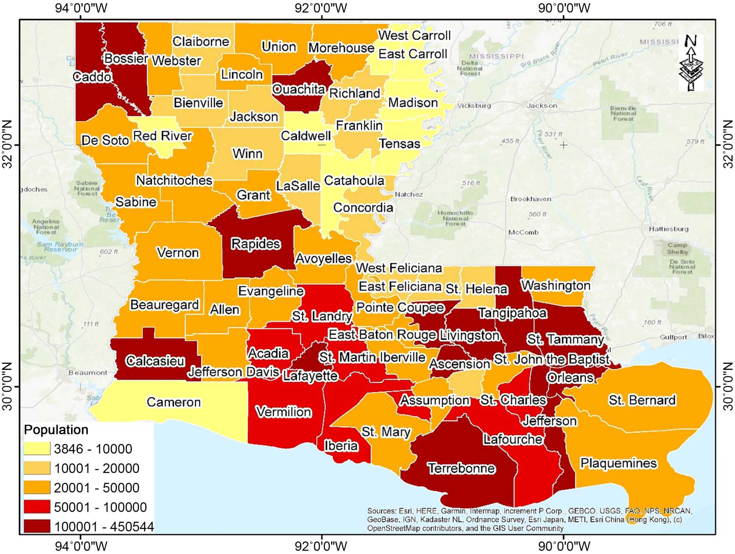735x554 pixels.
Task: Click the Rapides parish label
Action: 255,244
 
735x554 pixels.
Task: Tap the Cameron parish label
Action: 173,402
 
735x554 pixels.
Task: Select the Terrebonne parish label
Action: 462,468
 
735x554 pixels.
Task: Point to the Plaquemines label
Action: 618,463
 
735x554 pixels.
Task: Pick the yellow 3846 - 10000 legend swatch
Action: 37,449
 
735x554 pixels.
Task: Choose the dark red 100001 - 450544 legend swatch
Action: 37,526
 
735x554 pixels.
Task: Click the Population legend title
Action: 56,429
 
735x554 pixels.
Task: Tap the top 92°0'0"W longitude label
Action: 321,8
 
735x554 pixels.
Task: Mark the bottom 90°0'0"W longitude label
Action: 564,546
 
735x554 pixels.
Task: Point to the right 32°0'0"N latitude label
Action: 728,144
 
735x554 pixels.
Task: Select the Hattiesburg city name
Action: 668,229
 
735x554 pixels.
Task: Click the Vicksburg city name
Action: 474,106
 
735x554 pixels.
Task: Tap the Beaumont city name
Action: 88,373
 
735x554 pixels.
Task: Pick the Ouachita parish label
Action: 299,89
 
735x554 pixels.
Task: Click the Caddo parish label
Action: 92,77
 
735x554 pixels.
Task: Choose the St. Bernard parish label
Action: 642,400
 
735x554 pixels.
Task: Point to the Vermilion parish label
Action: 283,412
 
